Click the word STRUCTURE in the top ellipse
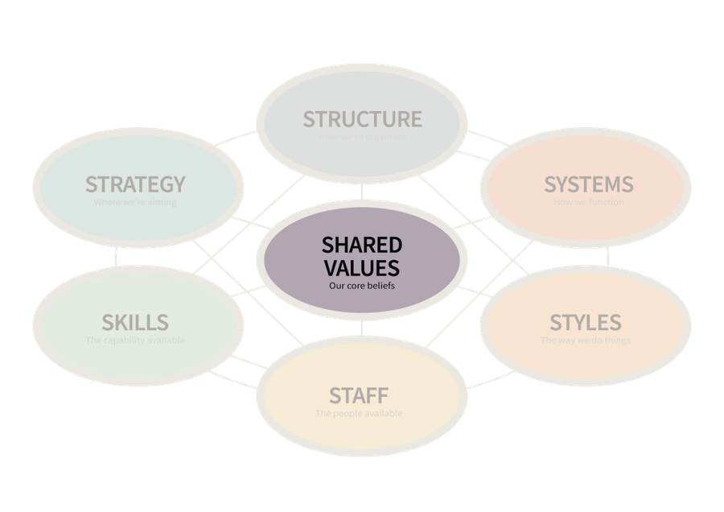[x=362, y=119]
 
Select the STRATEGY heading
[x=135, y=184]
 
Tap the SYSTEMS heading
[x=588, y=184]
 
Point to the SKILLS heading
[x=135, y=323]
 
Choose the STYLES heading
[x=585, y=323]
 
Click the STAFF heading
[x=359, y=396]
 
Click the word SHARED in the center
[x=362, y=245]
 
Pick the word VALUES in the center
[x=362, y=267]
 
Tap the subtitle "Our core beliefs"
[x=362, y=285]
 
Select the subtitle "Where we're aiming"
[x=135, y=202]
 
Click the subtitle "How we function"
[x=588, y=202]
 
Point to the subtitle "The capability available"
[x=135, y=341]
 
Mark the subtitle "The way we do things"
[x=585, y=341]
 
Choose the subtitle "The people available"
[x=359, y=414]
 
